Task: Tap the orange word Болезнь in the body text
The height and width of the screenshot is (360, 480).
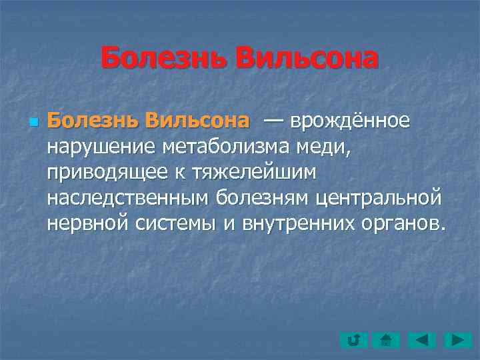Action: tap(93, 122)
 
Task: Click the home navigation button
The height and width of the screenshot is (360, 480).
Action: tap(387, 340)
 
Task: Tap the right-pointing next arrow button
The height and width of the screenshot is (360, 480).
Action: tap(459, 340)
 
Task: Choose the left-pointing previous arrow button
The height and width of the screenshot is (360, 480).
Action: tap(423, 340)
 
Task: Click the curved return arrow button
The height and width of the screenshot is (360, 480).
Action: tap(353, 340)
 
